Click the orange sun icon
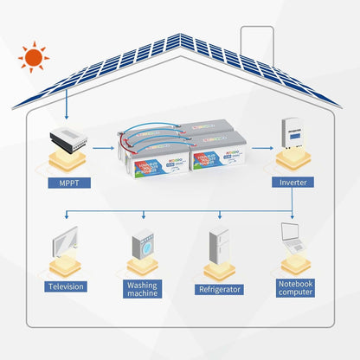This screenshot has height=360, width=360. pyautogui.click(x=34, y=58)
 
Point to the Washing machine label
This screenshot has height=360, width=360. pyautogui.click(x=142, y=289)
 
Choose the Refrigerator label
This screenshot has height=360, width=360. pyautogui.click(x=218, y=290)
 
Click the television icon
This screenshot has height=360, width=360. pyautogui.click(x=63, y=240)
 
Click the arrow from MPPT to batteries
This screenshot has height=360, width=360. pyautogui.click(x=102, y=147)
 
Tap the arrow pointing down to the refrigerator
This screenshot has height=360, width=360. pyautogui.click(x=218, y=215)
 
